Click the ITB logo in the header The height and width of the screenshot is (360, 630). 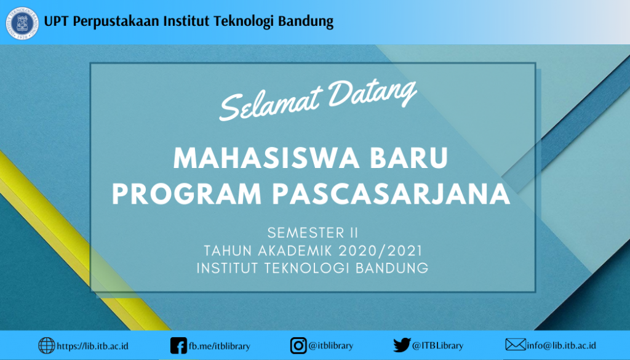23,23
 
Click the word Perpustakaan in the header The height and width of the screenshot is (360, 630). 115,22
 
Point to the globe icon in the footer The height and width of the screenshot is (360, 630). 46,346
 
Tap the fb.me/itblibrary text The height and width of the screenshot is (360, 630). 219,346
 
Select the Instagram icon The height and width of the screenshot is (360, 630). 298,346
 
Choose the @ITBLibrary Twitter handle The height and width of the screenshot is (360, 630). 437,346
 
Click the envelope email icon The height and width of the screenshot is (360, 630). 515,345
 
